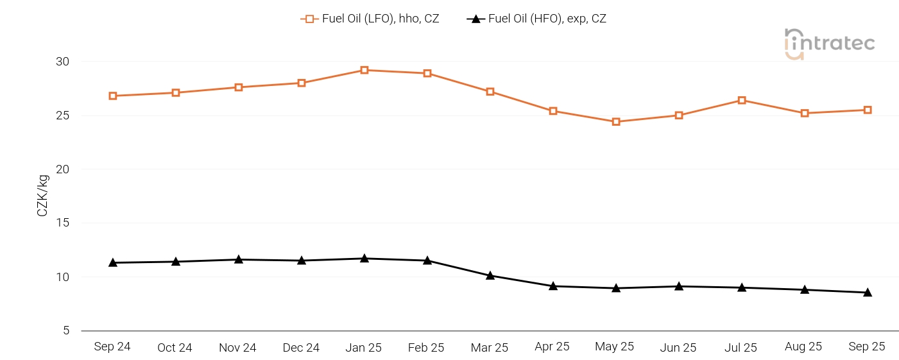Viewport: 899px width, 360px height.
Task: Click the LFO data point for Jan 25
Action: click(x=364, y=70)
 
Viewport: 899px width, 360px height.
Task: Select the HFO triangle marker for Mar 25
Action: click(x=490, y=276)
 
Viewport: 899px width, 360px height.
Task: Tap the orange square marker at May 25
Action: click(x=616, y=121)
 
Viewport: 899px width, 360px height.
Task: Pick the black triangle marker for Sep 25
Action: click(x=868, y=293)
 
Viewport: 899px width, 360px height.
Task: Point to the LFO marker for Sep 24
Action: click(x=113, y=96)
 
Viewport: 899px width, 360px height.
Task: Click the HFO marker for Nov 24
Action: click(x=239, y=260)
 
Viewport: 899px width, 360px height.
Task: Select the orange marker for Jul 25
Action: click(x=742, y=100)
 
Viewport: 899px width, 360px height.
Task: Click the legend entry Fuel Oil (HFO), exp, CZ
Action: click(x=536, y=19)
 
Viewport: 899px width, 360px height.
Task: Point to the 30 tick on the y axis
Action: click(x=62, y=62)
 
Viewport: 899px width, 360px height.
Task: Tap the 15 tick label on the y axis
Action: click(x=62, y=223)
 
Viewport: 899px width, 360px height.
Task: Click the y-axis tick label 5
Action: click(x=65, y=331)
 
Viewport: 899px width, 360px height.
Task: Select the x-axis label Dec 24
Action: click(x=301, y=348)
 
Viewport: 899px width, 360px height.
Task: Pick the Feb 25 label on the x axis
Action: click(x=426, y=348)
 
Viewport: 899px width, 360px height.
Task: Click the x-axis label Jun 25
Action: click(x=678, y=348)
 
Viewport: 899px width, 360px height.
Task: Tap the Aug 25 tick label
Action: click(x=803, y=347)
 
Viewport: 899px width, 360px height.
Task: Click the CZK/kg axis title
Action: click(x=42, y=196)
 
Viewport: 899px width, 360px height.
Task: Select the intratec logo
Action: click(x=829, y=44)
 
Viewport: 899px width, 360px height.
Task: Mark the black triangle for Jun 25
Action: click(x=679, y=286)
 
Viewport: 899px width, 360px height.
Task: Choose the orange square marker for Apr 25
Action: click(x=553, y=111)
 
